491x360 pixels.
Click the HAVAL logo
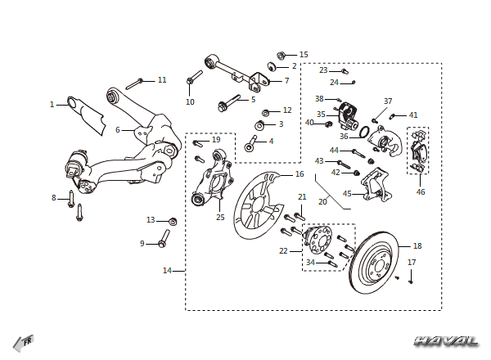pos(447,341)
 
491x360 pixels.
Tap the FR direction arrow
pos(24,343)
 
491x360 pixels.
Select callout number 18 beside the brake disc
pos(417,246)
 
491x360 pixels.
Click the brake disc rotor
pos(374,263)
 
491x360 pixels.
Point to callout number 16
pos(300,174)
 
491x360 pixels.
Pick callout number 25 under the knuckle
pos(220,218)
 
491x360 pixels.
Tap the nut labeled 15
pos(282,56)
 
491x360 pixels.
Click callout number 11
pos(162,80)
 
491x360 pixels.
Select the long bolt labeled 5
pos(229,103)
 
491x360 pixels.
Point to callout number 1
pos(52,105)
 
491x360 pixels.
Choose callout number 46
pos(421,192)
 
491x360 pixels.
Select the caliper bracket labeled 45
pos(376,185)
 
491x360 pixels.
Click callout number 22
pos(283,251)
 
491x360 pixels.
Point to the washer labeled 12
pos(266,112)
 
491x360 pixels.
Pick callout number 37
pos(388,101)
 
